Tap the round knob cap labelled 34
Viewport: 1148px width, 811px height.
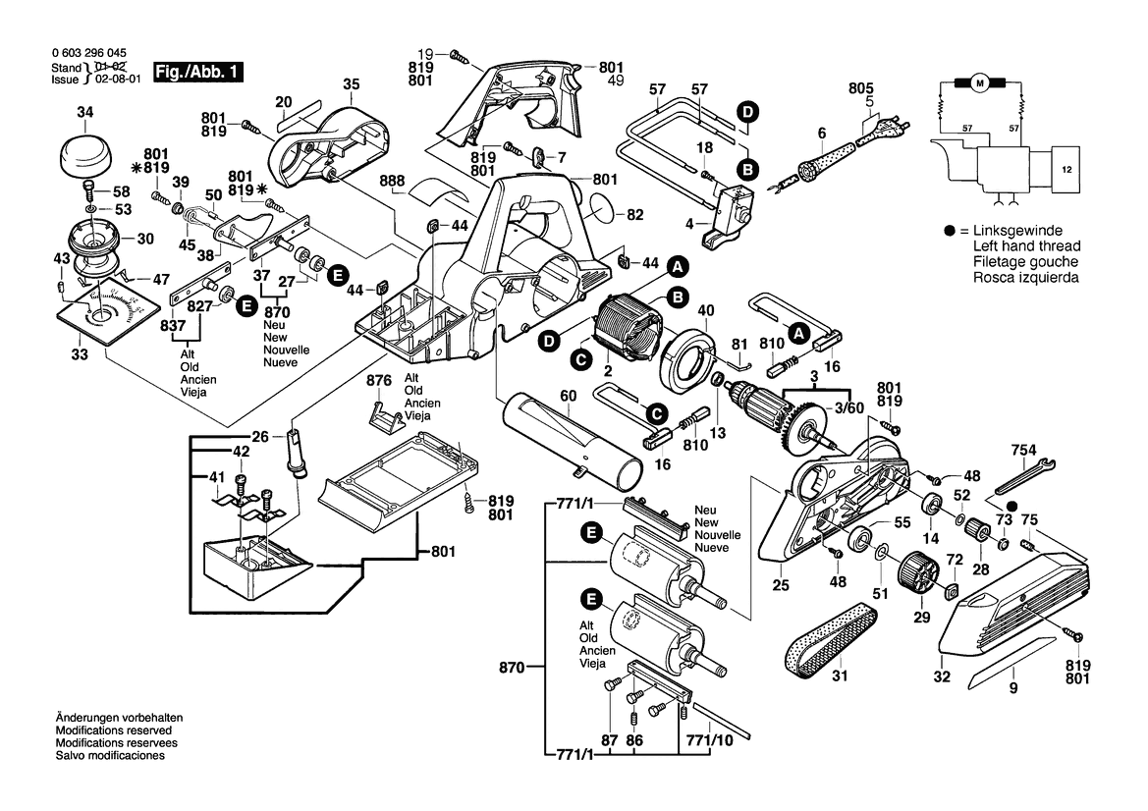pyautogui.click(x=85, y=155)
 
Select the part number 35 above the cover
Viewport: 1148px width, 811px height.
pyautogui.click(x=352, y=84)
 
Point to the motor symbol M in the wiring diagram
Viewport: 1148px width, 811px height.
pyautogui.click(x=978, y=84)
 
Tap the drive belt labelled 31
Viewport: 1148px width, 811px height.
pyautogui.click(x=830, y=644)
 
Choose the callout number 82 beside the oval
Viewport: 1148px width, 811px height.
pyautogui.click(x=635, y=214)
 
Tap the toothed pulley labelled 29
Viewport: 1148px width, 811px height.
pyautogui.click(x=914, y=573)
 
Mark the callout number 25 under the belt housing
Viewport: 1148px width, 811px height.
pyautogui.click(x=781, y=585)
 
